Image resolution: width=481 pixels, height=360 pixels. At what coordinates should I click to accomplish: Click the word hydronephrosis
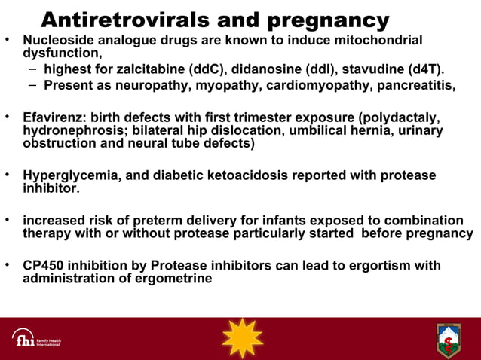tap(70, 130)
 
